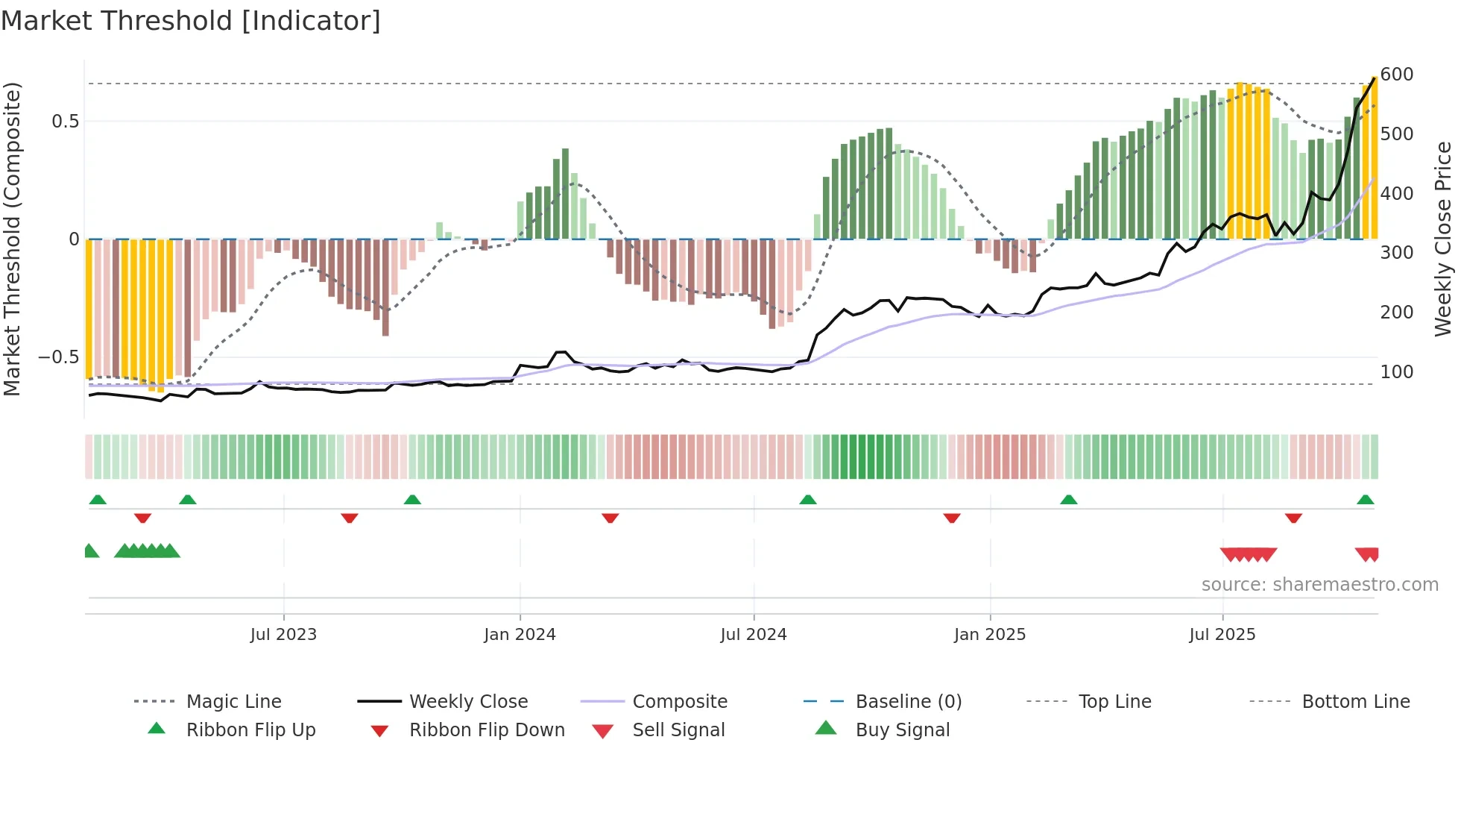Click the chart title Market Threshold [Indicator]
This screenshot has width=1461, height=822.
pyautogui.click(x=191, y=21)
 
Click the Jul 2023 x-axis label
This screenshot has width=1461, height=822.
pyautogui.click(x=283, y=635)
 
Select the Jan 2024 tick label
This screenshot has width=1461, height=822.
pyautogui.click(x=520, y=635)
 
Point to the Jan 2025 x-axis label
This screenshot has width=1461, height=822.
pyautogui.click(x=990, y=635)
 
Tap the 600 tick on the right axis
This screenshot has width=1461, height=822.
pyautogui.click(x=1396, y=75)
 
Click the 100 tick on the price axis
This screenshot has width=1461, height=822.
pyautogui.click(x=1396, y=371)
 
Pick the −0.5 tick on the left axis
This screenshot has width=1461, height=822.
pyautogui.click(x=58, y=357)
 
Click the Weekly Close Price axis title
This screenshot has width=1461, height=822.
pyautogui.click(x=1443, y=239)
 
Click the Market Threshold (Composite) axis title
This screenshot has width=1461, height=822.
pyautogui.click(x=12, y=239)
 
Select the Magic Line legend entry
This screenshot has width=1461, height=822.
pyautogui.click(x=233, y=702)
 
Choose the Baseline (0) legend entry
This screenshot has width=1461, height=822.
pyautogui.click(x=908, y=702)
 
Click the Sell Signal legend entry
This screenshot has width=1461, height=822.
pyautogui.click(x=678, y=730)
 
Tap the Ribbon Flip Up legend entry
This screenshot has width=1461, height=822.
pyautogui.click(x=250, y=730)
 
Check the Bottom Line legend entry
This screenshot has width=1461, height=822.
pyautogui.click(x=1355, y=702)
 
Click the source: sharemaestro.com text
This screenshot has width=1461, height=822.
pyautogui.click(x=1319, y=585)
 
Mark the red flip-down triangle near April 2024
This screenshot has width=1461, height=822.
pyautogui.click(x=610, y=518)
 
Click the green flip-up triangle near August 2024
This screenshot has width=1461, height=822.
pyautogui.click(x=808, y=500)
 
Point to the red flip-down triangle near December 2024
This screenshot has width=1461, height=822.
pyautogui.click(x=951, y=518)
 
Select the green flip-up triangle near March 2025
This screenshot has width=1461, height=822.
pyautogui.click(x=1069, y=500)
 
